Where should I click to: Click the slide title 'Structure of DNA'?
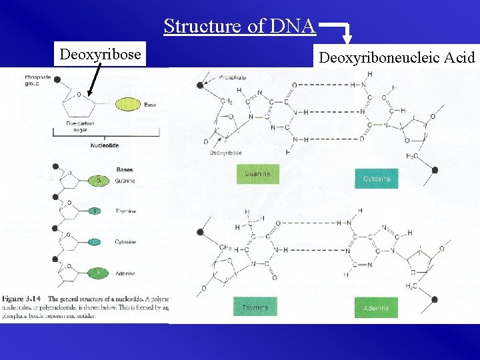coord(239,26)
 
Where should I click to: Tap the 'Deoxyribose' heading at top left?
coord(101,54)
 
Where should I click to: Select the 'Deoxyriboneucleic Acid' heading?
coord(397,57)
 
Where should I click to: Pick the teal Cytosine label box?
coord(377,179)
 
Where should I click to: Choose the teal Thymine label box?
coord(255,307)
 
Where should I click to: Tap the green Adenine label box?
coord(377,307)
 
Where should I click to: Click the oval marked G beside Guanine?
coord(97,181)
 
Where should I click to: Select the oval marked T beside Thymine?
coord(97,211)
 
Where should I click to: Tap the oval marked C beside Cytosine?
coord(97,242)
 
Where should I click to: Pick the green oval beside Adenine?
coord(97,273)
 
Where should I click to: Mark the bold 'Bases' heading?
coord(125,169)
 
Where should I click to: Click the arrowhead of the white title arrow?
coord(347,45)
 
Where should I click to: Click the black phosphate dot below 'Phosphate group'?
coord(57,80)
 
